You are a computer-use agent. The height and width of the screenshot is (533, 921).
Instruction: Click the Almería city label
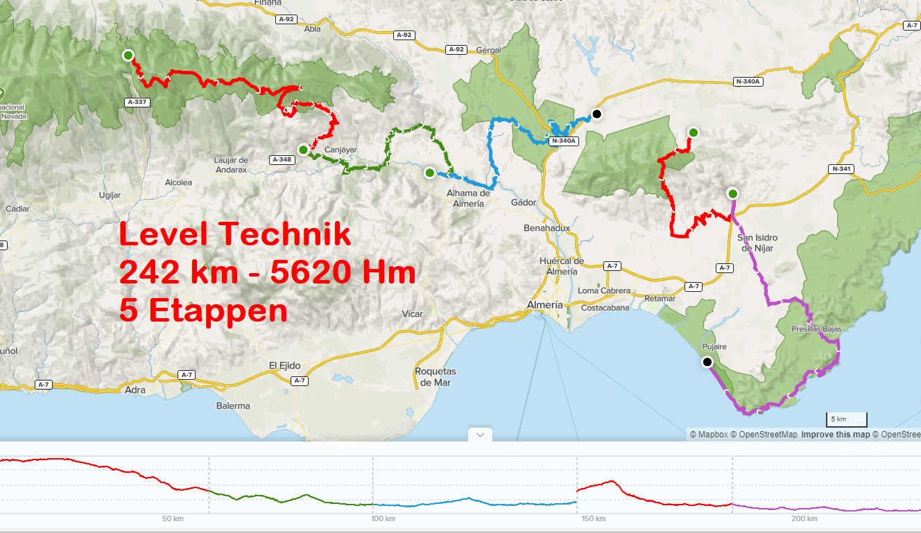544,305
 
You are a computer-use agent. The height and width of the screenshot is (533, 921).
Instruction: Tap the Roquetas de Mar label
435,377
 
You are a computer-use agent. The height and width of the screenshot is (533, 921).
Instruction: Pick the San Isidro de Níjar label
757,243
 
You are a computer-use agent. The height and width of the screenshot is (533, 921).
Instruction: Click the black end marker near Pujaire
707,362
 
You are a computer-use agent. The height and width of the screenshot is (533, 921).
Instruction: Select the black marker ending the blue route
596,114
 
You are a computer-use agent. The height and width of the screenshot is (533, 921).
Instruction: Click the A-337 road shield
138,102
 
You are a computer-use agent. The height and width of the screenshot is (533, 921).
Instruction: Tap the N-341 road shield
840,168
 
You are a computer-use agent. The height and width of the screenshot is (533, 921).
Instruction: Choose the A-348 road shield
282,159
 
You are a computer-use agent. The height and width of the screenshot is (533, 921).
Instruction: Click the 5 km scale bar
846,419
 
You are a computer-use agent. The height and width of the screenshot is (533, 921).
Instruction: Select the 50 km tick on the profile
173,518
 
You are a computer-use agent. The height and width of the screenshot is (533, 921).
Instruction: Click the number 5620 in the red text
309,272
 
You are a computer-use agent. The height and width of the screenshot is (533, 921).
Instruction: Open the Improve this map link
835,435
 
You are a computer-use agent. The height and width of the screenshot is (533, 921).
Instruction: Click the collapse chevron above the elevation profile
480,435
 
